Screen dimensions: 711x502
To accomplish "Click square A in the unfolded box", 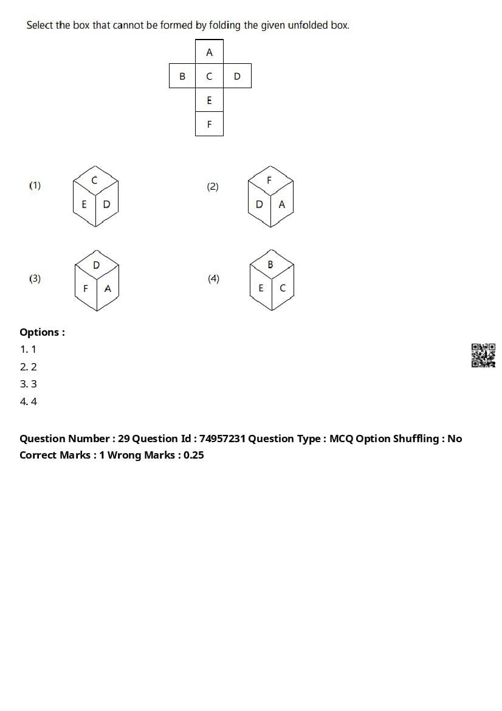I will click(209, 52).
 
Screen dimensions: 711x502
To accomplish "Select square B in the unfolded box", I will click(182, 76).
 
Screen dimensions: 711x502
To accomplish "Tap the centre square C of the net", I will click(209, 76).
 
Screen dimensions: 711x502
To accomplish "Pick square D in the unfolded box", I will click(237, 76).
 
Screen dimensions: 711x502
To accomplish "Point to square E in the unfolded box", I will click(209, 100).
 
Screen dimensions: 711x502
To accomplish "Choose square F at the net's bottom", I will click(209, 124).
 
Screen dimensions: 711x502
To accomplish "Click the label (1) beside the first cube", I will click(35, 186).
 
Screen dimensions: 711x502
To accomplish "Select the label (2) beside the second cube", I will click(212, 187).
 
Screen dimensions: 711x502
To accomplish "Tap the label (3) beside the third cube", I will click(35, 279).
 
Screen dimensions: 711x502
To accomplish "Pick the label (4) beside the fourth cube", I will click(213, 279).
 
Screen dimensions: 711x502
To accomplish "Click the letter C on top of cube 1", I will click(95, 180).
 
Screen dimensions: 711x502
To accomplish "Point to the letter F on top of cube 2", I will click(270, 180).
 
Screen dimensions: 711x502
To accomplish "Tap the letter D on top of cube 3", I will click(97, 265).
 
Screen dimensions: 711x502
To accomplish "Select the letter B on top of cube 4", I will click(270, 265).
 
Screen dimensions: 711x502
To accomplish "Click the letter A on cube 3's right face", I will click(108, 288).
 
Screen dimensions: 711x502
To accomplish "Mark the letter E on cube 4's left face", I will click(261, 288).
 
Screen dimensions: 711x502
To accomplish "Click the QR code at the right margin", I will click(483, 355).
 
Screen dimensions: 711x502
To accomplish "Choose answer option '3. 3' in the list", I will click(28, 384).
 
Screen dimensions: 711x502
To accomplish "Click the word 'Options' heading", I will click(40, 332).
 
